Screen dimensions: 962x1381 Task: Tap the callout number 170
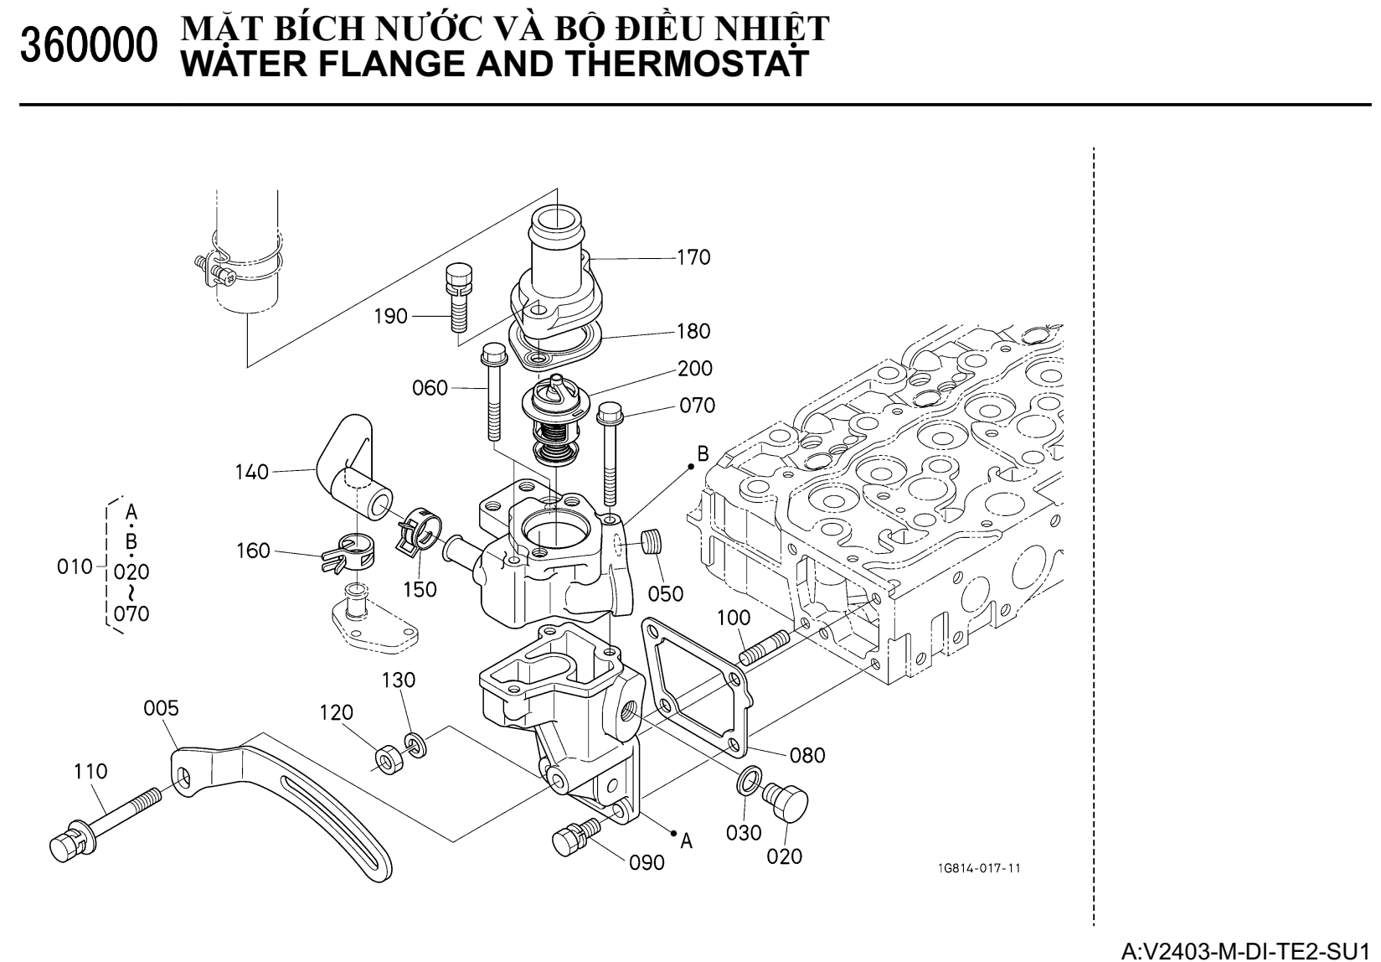(693, 257)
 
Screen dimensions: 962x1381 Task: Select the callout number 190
(391, 316)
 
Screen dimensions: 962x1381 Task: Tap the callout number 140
(252, 473)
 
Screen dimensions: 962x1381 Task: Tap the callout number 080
(808, 756)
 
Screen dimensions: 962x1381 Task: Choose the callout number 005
(161, 709)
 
